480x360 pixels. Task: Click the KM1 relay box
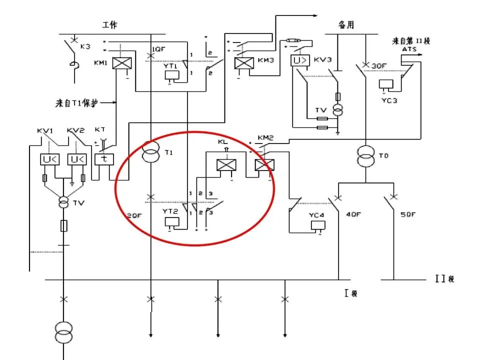[120, 63]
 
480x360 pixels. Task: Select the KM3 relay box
[243, 63]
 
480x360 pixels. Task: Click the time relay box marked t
[105, 159]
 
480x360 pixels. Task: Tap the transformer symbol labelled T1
[151, 151]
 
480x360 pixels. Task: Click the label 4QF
[353, 215]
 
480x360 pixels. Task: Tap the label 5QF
[408, 215]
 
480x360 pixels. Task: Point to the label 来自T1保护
[77, 103]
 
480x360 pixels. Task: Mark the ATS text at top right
[408, 49]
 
